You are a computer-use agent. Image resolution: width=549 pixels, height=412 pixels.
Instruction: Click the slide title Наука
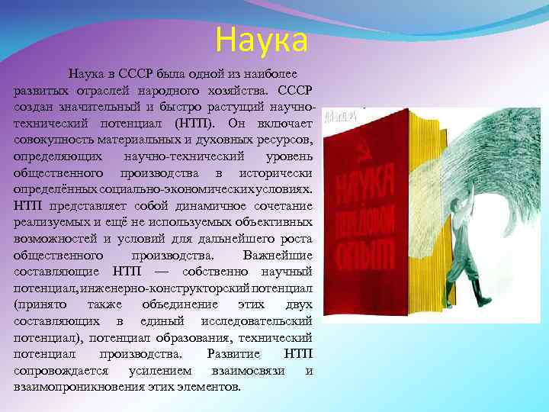tap(262, 40)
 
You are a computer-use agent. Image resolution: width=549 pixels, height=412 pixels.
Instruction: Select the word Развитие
tap(234, 354)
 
